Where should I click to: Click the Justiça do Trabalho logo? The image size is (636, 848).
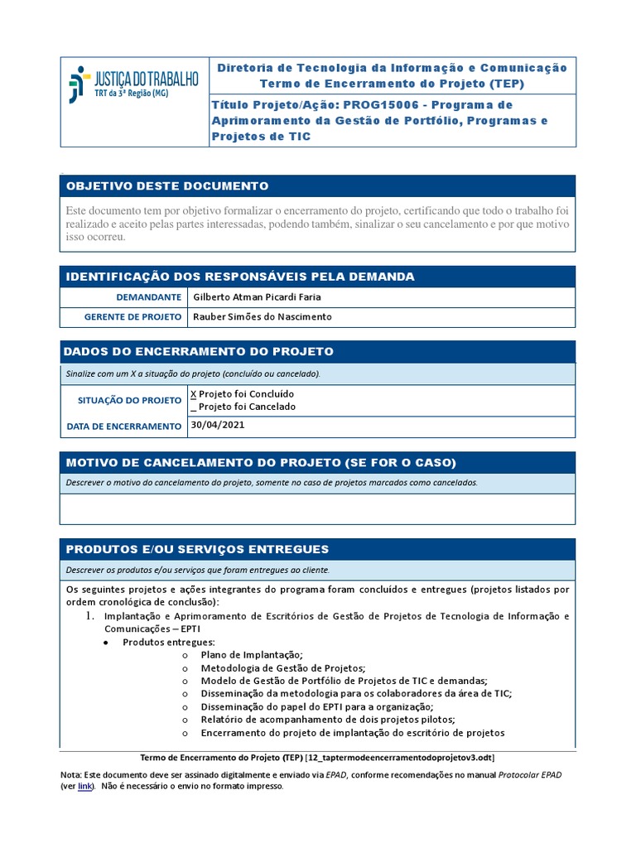click(x=133, y=84)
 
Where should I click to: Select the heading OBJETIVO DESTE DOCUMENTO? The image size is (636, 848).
click(x=166, y=185)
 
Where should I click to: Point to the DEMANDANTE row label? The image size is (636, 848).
click(x=148, y=297)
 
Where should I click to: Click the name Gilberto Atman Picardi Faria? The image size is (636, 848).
click(x=256, y=297)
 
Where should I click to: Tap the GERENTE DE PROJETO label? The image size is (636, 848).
click(x=133, y=317)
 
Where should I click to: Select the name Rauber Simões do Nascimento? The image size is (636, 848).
click(x=262, y=317)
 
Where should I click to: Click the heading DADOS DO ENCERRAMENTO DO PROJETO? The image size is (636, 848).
click(x=200, y=352)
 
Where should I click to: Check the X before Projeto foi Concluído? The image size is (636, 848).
click(x=194, y=394)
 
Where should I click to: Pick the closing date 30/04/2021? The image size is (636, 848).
click(x=218, y=426)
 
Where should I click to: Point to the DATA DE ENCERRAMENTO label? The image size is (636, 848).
click(x=123, y=426)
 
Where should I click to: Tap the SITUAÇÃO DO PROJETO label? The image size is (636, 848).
click(x=129, y=400)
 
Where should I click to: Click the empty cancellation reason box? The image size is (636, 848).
click(x=317, y=509)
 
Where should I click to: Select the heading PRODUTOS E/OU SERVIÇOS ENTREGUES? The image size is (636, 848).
click(x=197, y=549)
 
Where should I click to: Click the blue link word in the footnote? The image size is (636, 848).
click(x=84, y=787)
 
